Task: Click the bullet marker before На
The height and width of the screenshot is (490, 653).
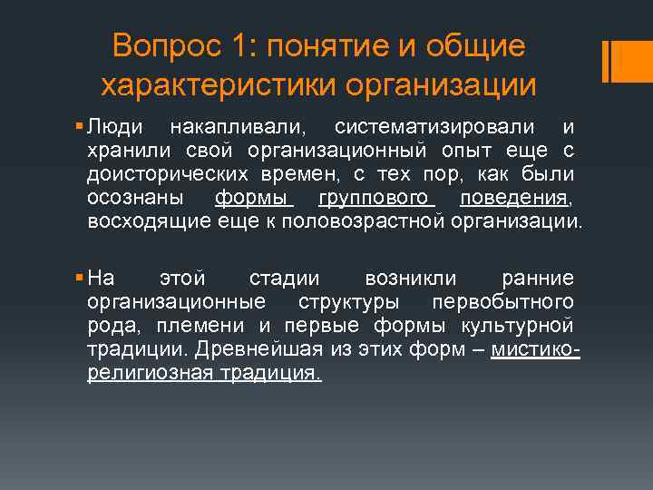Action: point(80,279)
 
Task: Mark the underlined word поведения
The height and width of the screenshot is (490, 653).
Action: point(514,196)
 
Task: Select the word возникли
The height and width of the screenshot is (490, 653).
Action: point(410,278)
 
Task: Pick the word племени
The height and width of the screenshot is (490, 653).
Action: point(204,325)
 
